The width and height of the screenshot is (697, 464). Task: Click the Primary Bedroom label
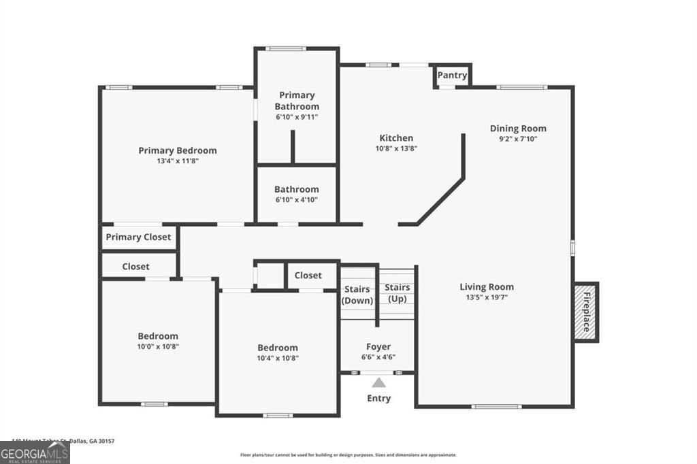178,150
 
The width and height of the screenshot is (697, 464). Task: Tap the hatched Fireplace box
585,312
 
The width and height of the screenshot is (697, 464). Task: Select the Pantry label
452,76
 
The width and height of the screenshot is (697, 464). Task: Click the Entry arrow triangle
378,383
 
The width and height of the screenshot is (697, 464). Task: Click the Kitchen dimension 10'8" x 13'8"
396,148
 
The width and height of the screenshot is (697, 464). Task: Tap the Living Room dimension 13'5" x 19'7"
486,297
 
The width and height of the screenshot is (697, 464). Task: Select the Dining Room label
518,128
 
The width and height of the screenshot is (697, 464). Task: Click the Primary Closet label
138,237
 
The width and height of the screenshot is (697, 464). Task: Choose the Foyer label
378,346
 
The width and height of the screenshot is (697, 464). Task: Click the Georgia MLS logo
35,452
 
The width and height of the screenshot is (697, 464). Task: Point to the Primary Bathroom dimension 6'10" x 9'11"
297,117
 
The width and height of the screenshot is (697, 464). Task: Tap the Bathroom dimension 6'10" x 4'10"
297,199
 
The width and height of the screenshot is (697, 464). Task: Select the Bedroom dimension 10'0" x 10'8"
158,346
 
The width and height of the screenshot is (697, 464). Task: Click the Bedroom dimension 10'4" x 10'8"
277,358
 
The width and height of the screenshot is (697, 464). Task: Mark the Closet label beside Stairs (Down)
308,276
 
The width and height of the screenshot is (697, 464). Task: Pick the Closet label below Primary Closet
135,266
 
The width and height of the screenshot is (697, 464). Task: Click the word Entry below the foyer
379,398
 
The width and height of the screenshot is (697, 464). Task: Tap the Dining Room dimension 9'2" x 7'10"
518,139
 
